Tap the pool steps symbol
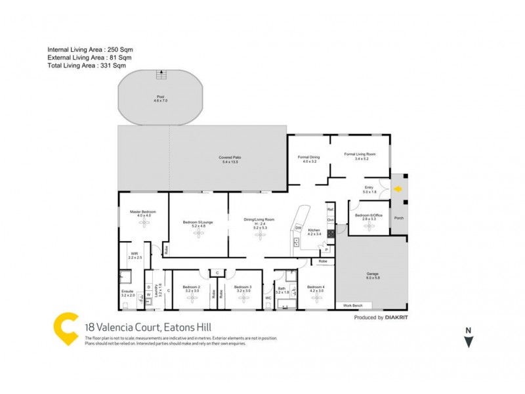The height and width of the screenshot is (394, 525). [x=161, y=75]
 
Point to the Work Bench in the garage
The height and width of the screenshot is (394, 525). [x=353, y=306]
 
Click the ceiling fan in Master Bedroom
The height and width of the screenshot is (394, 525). [x=143, y=223]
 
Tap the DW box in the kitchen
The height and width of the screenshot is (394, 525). [x=298, y=228]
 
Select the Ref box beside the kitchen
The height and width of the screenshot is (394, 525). [x=330, y=209]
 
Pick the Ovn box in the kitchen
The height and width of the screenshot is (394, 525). [x=331, y=220]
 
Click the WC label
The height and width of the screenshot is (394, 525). [x=268, y=297]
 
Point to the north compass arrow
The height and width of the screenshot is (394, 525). [x=468, y=341]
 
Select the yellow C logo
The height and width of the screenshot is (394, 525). [x=66, y=328]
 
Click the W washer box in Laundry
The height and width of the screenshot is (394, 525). [x=148, y=295]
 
